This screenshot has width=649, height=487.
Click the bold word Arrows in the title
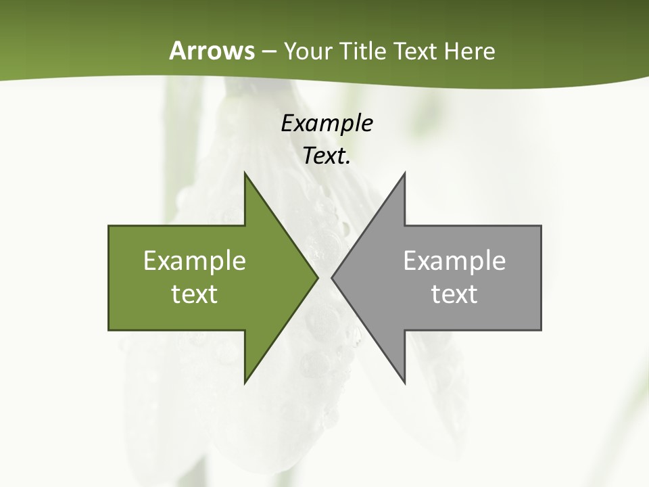(211, 51)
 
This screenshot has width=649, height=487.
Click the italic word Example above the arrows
(327, 124)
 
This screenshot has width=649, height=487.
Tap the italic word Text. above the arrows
(327, 156)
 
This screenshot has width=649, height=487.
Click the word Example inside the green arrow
(195, 261)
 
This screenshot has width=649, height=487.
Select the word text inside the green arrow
(195, 294)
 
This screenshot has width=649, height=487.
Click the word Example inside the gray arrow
(454, 261)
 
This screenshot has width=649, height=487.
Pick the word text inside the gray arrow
(454, 294)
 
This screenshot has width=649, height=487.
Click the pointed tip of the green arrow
(318, 277)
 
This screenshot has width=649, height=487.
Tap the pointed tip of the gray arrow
(332, 277)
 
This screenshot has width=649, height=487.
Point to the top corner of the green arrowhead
(245, 173)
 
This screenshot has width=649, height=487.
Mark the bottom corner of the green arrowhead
(245, 383)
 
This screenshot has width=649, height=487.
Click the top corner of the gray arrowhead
(405, 173)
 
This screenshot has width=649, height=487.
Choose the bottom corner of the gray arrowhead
(405, 383)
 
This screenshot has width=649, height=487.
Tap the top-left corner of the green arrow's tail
(109, 226)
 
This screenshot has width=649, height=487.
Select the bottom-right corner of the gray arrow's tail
(541, 329)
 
